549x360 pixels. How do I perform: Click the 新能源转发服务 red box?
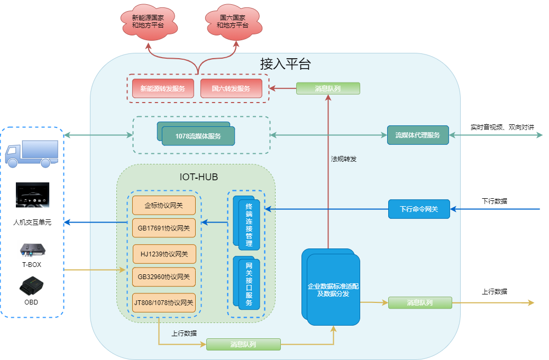[163, 88]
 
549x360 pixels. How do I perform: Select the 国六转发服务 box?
[231, 88]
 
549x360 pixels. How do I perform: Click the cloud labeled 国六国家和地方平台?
[232, 22]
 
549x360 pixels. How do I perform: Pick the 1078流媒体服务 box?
[198, 136]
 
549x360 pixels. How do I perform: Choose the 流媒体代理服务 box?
[418, 135]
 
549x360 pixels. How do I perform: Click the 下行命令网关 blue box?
[419, 209]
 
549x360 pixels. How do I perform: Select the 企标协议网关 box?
[163, 205]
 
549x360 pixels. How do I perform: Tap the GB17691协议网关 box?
[163, 228]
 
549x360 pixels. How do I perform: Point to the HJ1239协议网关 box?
[164, 254]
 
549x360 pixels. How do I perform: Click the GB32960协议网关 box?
[163, 276]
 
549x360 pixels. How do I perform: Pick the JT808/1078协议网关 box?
[163, 303]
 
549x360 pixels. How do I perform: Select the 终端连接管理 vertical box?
[249, 224]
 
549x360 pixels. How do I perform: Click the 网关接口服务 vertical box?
[249, 283]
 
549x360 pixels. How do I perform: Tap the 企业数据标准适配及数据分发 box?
[333, 290]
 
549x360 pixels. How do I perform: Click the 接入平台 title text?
[285, 64]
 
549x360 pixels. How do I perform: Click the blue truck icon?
[32, 153]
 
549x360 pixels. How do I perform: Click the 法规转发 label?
[344, 158]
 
